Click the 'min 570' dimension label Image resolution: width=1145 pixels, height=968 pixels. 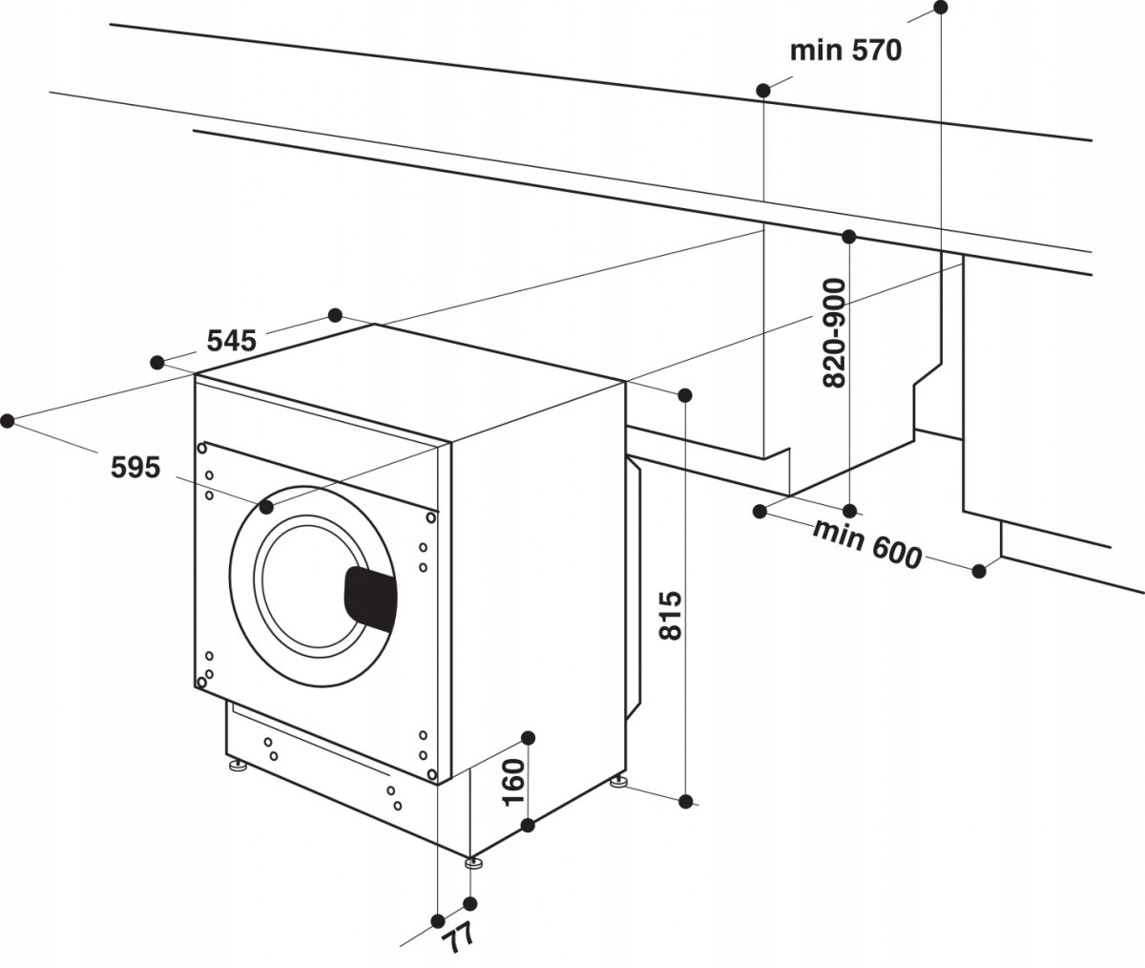pos(845,50)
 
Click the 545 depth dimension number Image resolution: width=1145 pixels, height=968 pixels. pos(231,340)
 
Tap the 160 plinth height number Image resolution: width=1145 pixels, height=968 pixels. pos(513,782)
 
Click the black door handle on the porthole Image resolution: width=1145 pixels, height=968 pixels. pos(370,599)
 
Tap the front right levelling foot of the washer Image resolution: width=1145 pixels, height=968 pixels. pos(473,864)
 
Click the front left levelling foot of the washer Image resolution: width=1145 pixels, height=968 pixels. pos(236,767)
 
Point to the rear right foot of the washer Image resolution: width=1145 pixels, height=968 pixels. pos(619,784)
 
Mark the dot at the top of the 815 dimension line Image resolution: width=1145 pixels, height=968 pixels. pos(684,394)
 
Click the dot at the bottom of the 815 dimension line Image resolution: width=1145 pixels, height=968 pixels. pos(685,801)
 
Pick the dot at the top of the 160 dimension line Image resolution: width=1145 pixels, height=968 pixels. pos(529,737)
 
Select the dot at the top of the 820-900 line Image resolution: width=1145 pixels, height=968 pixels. pos(848,236)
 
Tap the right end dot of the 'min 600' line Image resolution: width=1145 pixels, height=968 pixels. pos(979,571)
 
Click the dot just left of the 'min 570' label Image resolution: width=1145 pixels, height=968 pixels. pos(763,91)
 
